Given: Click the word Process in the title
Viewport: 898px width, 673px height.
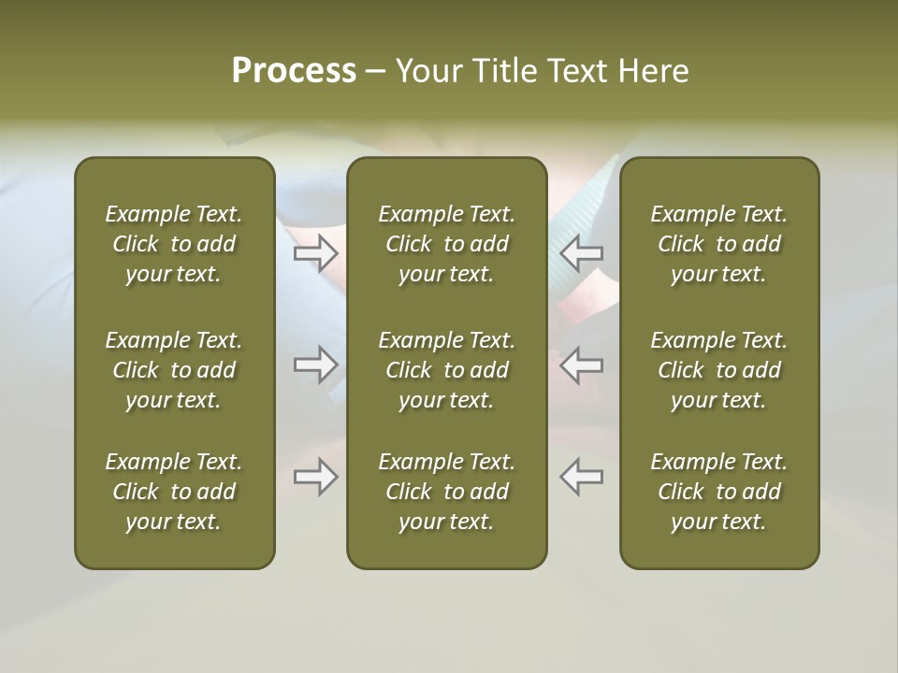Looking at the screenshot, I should point(294,71).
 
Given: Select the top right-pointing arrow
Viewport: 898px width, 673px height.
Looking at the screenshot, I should point(315,252).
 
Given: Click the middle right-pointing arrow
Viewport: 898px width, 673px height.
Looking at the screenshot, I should point(315,365).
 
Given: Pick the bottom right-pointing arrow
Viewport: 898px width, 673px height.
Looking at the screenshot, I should point(315,477).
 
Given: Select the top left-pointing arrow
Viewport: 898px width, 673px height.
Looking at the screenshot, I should point(582,252).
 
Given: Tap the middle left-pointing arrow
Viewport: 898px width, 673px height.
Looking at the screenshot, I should point(582,365).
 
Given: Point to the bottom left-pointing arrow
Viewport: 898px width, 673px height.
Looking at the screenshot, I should point(582,477).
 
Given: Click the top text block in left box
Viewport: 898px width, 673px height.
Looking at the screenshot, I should point(174,244).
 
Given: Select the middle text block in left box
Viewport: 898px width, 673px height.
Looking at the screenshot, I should point(174,370).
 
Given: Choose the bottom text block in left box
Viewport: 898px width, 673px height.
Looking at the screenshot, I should point(174,492).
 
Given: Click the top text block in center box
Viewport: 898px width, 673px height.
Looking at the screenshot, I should point(447,244).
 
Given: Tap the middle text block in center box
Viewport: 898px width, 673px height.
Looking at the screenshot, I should point(447,370).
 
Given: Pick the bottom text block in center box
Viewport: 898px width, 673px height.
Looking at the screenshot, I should point(447,492).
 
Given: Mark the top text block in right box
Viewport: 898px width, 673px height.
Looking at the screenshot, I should point(719,244).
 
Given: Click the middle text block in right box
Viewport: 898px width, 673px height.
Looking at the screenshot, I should point(719,370).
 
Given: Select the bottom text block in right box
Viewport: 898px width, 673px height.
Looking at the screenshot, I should point(719,492).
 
